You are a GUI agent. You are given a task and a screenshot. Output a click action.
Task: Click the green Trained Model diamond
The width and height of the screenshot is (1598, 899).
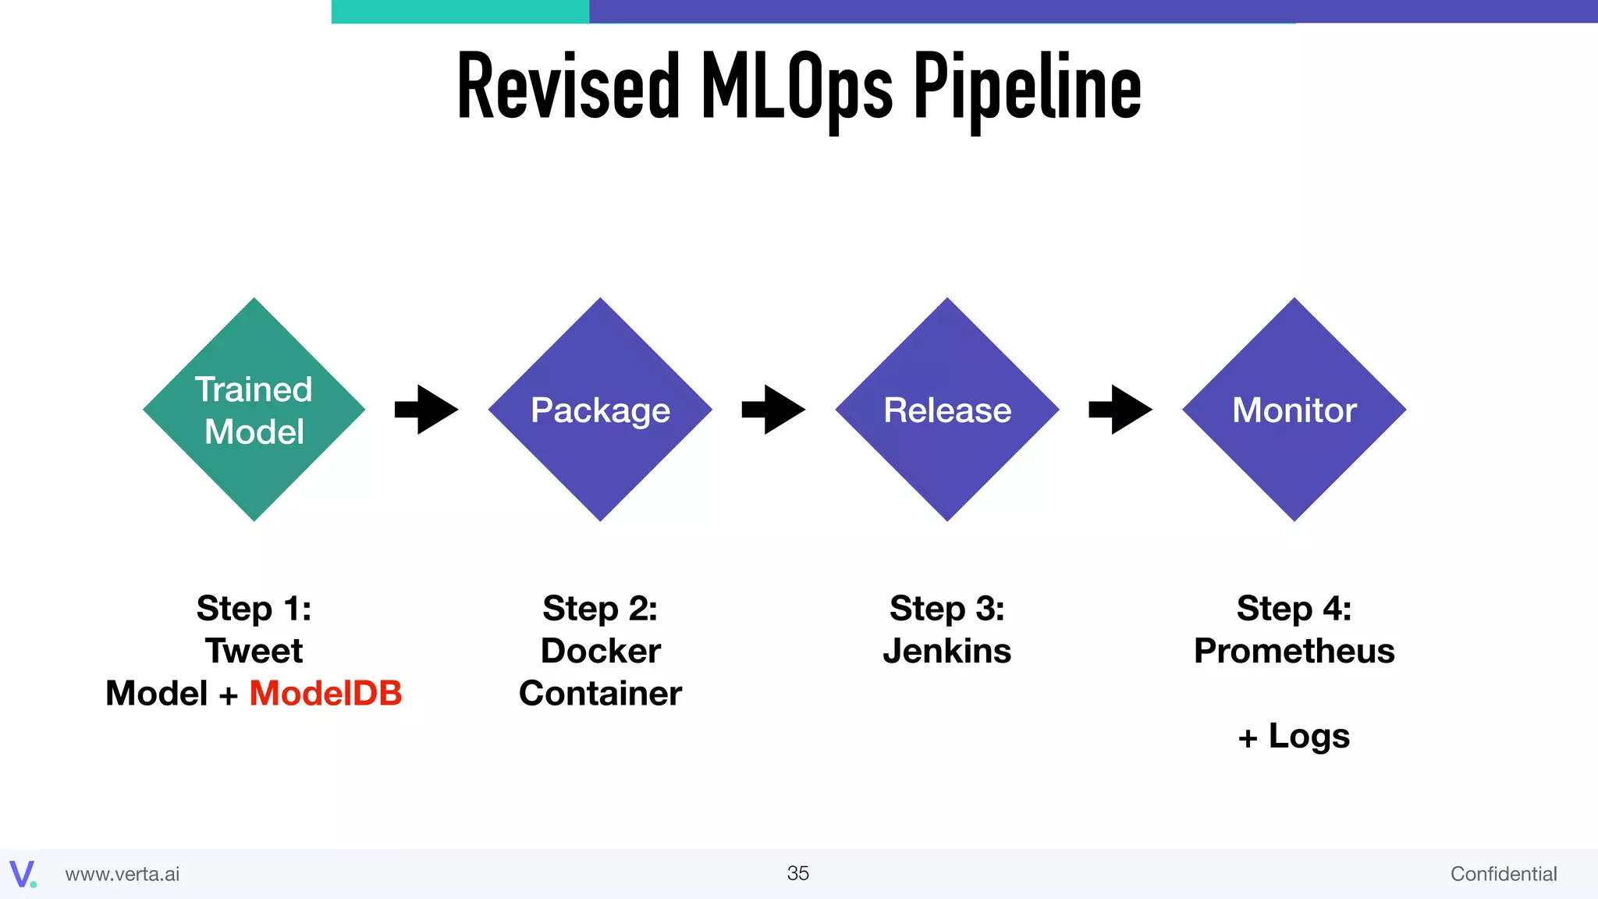click(x=254, y=410)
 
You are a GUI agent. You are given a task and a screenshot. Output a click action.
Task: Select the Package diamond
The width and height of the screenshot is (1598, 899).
click(x=600, y=410)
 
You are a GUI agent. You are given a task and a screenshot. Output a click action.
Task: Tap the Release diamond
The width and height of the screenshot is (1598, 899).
click(x=946, y=410)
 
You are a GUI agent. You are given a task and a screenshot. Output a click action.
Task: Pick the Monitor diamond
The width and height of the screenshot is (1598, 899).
click(x=1294, y=410)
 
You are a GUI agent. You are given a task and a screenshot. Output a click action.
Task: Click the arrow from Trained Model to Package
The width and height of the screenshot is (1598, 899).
click(x=426, y=410)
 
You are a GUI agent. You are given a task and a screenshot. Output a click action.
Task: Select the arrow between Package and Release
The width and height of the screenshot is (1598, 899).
click(x=773, y=410)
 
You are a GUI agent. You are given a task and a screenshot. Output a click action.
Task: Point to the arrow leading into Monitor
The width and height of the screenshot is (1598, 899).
click(x=1120, y=410)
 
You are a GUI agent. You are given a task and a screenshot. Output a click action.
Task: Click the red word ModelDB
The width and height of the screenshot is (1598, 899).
click(x=325, y=693)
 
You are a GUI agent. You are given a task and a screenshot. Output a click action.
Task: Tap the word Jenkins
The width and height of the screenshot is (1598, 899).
click(x=946, y=651)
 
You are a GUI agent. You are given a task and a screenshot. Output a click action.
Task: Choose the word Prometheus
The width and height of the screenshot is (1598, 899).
click(x=1294, y=651)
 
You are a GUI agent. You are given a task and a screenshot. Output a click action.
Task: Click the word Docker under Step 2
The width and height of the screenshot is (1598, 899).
click(x=600, y=651)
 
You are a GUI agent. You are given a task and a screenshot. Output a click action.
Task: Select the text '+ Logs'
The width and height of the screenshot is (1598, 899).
click(x=1294, y=736)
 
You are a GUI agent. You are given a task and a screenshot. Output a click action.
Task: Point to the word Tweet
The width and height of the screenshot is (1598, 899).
click(x=254, y=651)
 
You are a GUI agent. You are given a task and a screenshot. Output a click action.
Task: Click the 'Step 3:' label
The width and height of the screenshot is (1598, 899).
click(x=946, y=609)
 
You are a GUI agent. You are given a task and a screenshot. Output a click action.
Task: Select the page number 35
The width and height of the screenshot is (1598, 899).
click(x=797, y=873)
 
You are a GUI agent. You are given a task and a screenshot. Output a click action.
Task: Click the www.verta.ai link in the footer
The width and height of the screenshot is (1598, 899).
click(x=123, y=874)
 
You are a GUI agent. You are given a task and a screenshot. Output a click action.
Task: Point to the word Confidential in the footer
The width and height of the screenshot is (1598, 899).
click(x=1503, y=874)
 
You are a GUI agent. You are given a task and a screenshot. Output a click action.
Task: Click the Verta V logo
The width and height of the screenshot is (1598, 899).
click(x=22, y=873)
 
